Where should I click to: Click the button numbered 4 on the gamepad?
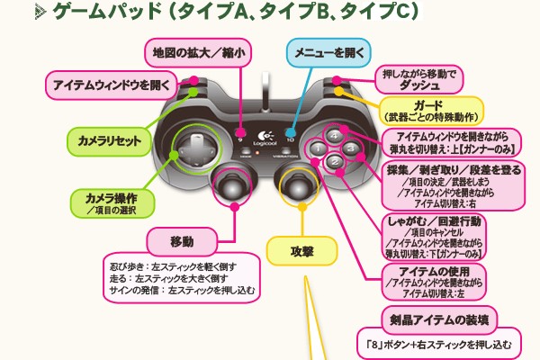point(334,135)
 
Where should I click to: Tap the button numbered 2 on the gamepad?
point(333,163)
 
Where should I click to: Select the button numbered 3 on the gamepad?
point(351,148)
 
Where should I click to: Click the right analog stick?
point(299,185)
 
